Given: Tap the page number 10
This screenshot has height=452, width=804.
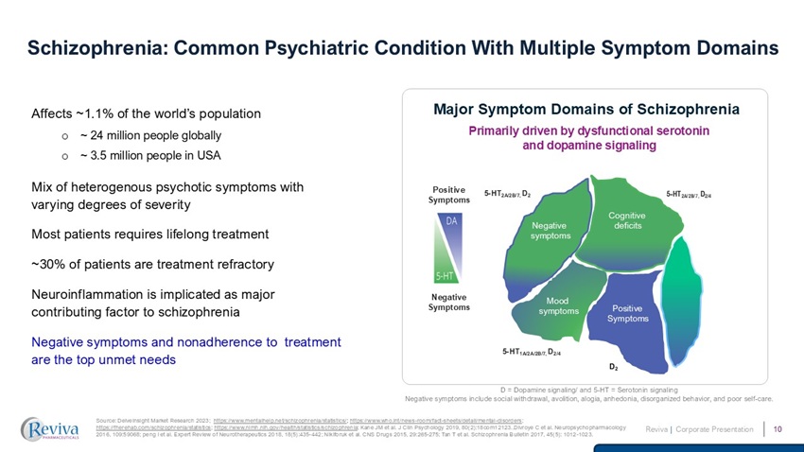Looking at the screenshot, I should click(777, 430).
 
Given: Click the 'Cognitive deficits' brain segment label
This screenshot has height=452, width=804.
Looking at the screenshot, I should click(627, 221).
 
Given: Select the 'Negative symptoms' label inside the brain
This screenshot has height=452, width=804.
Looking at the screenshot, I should click(550, 231).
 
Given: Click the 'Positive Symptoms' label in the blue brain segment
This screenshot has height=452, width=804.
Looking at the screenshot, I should click(627, 314).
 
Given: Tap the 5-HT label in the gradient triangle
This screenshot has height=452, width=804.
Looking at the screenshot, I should click(443, 275).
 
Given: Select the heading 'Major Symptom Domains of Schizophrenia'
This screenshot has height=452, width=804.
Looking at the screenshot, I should click(586, 110).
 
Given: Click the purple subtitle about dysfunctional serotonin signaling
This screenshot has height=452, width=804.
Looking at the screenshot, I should click(588, 137).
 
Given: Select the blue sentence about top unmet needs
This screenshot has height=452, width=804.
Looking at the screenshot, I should click(186, 350).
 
